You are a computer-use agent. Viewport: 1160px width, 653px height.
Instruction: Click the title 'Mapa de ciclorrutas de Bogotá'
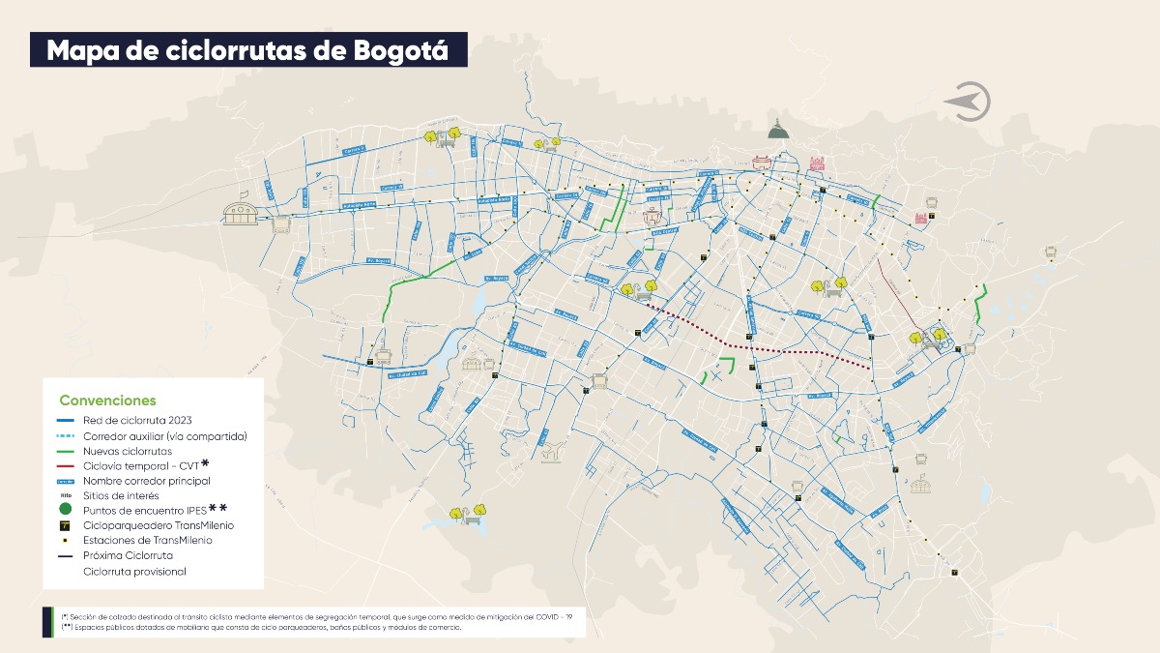tap(247, 50)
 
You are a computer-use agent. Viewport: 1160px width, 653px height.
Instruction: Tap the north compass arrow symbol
tap(969, 102)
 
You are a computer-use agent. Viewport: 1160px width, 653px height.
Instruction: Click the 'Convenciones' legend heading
tap(107, 401)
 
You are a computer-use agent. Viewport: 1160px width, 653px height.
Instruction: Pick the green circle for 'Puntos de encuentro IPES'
tap(65, 508)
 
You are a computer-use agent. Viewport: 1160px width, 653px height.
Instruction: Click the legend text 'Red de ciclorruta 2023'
tap(137, 421)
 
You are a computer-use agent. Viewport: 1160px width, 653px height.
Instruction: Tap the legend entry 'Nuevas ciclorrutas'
tap(128, 451)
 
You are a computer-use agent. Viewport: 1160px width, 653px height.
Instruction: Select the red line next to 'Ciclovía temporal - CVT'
tap(65, 465)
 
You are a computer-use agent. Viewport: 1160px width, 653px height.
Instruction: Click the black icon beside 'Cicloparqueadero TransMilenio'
tap(65, 525)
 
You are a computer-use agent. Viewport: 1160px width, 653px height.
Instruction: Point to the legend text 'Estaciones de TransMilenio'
tap(147, 541)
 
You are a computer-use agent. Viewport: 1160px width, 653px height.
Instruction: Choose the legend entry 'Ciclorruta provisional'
tap(134, 572)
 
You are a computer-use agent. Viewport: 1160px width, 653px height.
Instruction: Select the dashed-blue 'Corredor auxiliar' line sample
tap(65, 436)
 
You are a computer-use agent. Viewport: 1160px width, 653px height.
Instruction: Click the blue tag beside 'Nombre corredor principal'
tap(65, 481)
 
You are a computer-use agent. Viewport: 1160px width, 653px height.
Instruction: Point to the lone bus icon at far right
tap(1050, 252)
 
